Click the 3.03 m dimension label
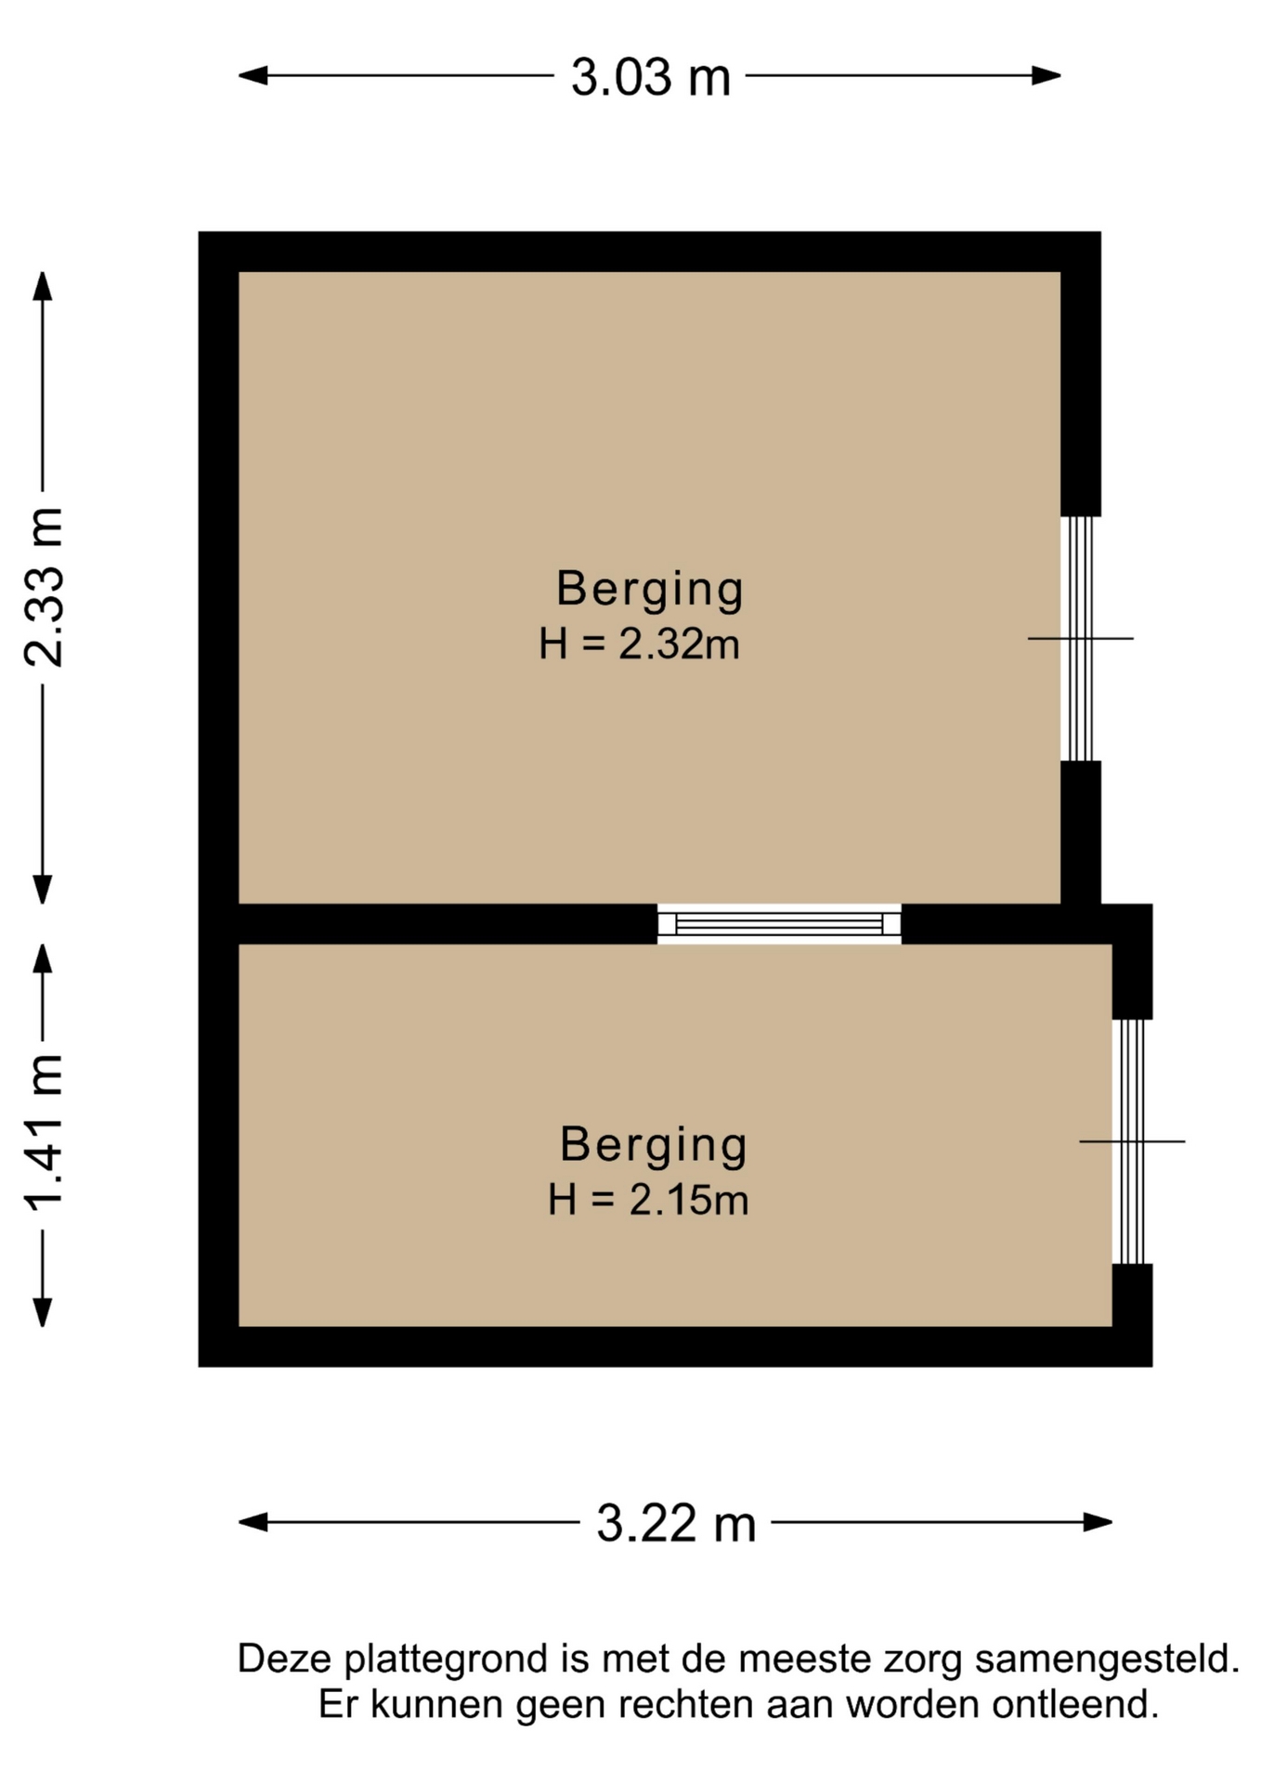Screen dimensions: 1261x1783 [x=650, y=77]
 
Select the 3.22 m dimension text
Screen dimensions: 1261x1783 [x=676, y=1524]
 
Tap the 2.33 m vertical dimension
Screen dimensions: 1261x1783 [x=44, y=587]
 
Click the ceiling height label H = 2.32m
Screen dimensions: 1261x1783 [x=639, y=644]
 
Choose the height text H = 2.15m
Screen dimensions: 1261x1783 [x=648, y=1200]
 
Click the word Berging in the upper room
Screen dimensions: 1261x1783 [x=650, y=590]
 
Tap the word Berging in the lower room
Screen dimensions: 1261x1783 [x=654, y=1145]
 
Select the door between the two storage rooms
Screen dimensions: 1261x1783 [x=779, y=924]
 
